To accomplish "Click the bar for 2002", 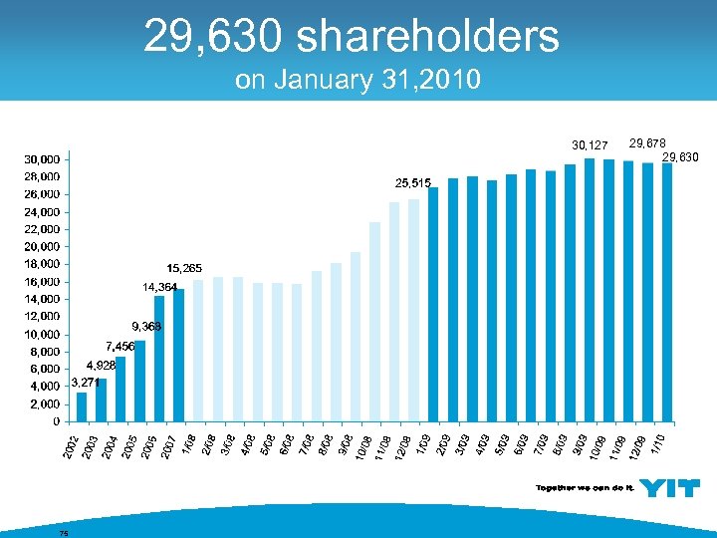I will coord(82,406).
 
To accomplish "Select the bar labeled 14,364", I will coord(159,358).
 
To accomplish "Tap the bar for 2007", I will coord(179,355).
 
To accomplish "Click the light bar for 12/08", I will coord(413,310).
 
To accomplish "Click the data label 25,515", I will coord(412,183).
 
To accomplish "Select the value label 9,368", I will coord(145,327).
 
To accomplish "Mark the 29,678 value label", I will coord(647,142).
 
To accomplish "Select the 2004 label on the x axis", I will coord(112,444).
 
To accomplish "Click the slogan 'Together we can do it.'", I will coord(585,488).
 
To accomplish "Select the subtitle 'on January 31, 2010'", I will coord(358,80).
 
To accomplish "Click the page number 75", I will coord(63,532).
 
